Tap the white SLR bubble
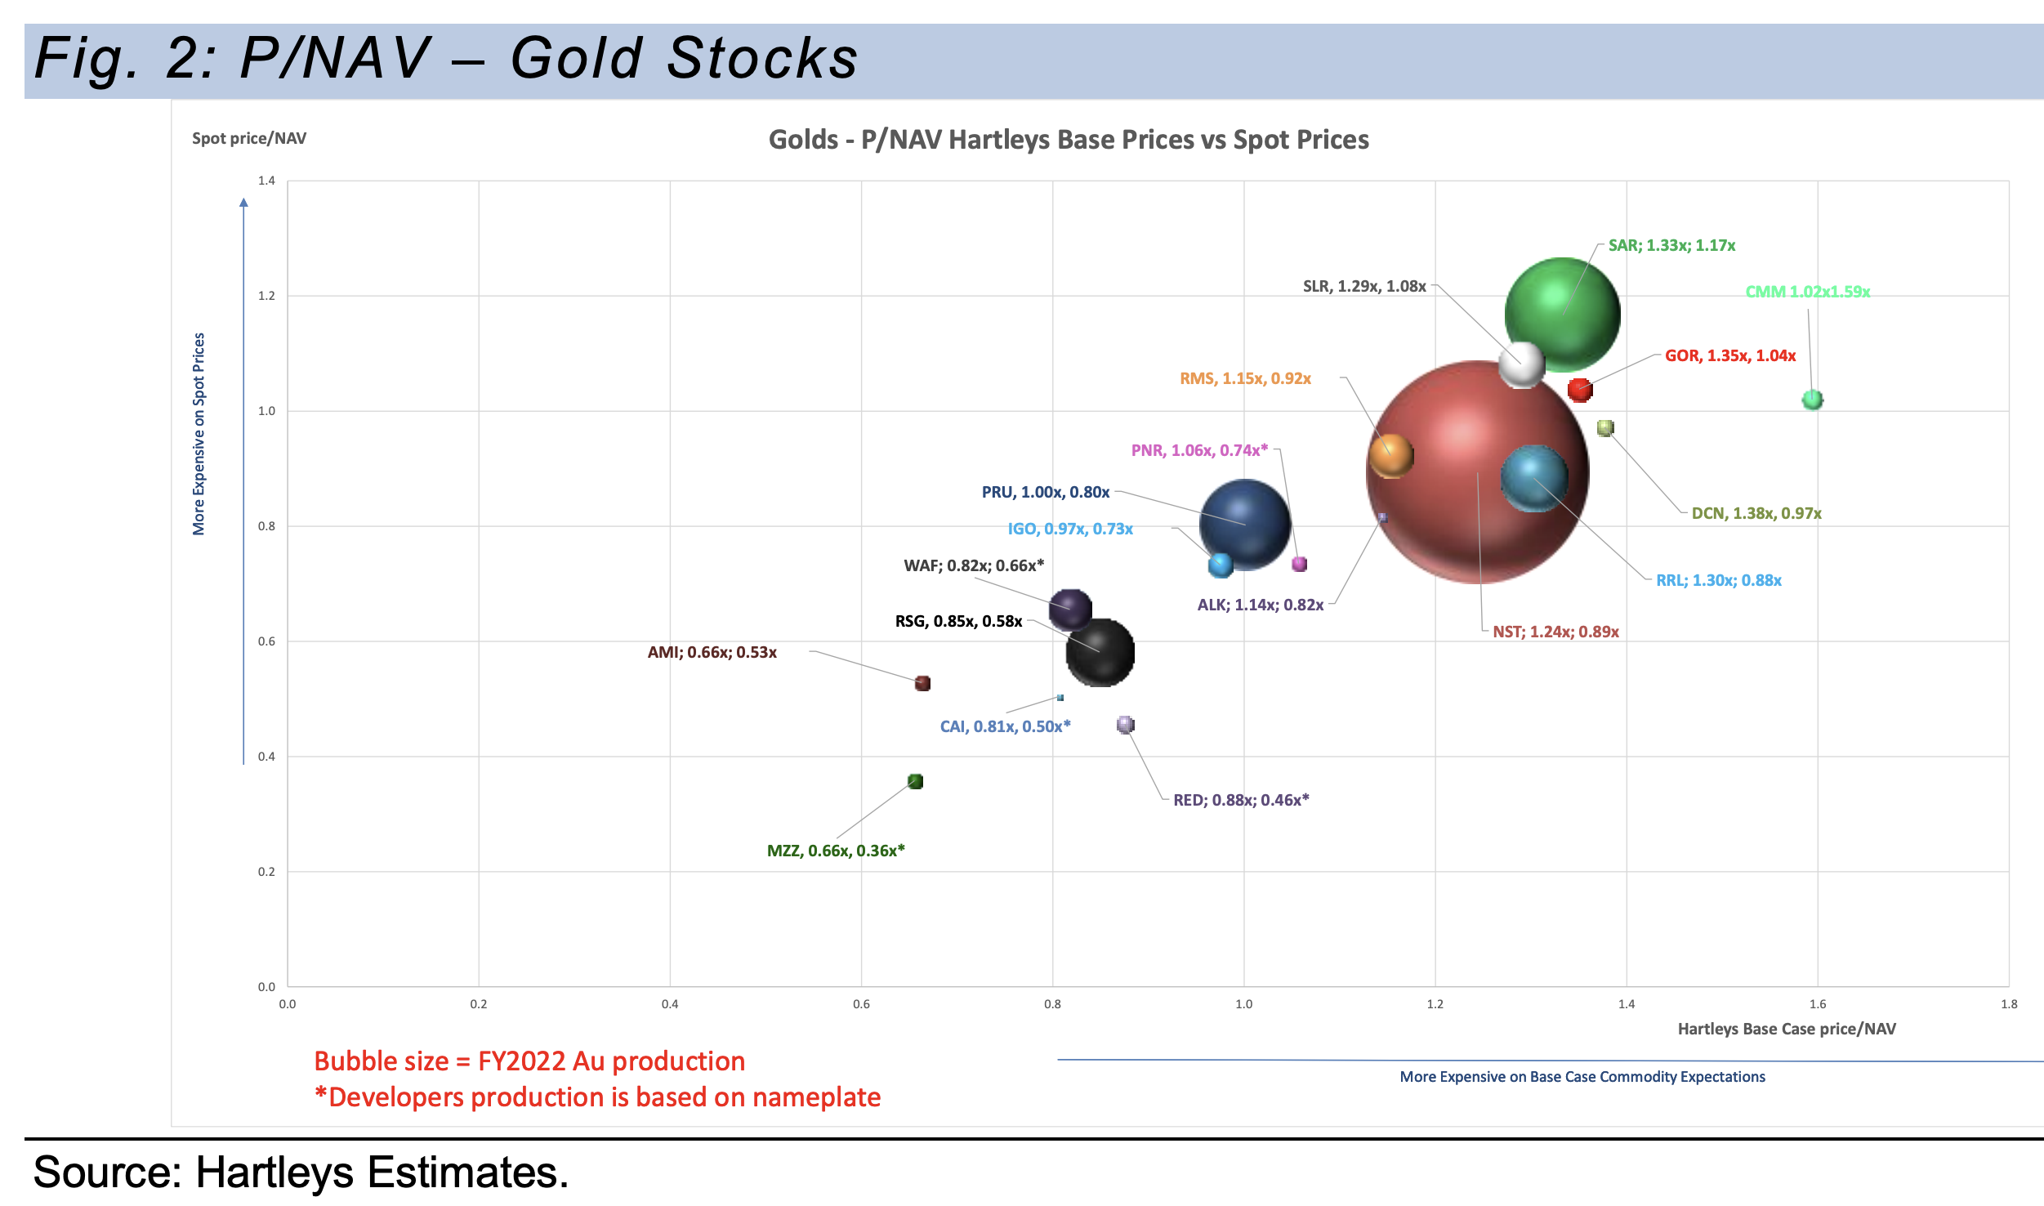tap(1521, 364)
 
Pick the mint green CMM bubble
tap(1812, 400)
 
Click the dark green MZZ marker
tap(915, 782)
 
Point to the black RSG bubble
tap(1100, 652)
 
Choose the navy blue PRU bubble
tap(1244, 525)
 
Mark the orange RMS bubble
tap(1391, 455)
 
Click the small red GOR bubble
tap(1580, 390)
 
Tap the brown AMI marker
tap(922, 683)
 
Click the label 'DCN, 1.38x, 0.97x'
tap(1756, 513)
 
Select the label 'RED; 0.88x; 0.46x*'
tap(1240, 800)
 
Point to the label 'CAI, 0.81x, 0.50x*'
tap(1005, 726)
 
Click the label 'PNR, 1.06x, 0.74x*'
tap(1199, 450)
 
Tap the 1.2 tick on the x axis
tap(1435, 1004)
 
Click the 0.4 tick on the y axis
tap(266, 757)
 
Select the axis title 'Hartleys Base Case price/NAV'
tap(1787, 1029)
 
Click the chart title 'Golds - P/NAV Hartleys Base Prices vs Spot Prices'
tap(1069, 140)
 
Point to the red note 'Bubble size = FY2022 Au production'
tap(529, 1061)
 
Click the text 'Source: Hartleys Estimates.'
tap(301, 1172)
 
